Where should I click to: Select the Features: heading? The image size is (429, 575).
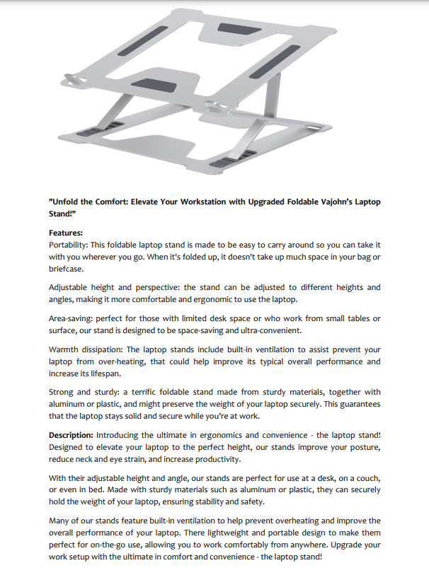pyautogui.click(x=66, y=233)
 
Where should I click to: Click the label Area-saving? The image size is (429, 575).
pyautogui.click(x=73, y=318)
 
